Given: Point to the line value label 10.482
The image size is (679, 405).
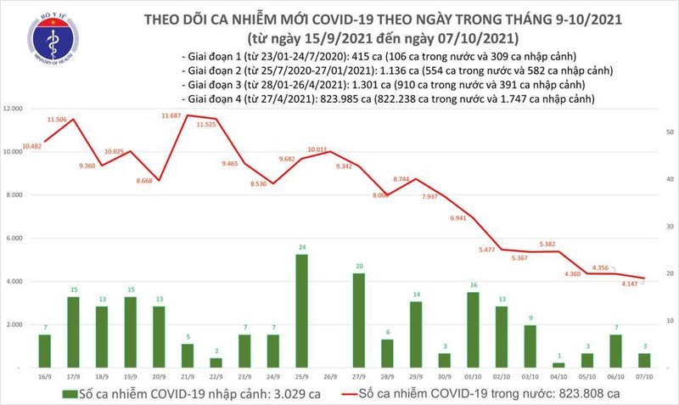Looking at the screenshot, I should [33, 146].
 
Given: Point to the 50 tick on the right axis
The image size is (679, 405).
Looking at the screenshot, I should [671, 133].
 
